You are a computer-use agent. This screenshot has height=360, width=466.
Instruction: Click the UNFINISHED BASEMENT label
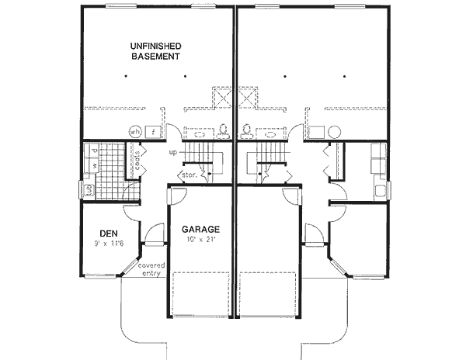tap(155, 51)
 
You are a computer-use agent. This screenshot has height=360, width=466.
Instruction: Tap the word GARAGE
tap(200, 230)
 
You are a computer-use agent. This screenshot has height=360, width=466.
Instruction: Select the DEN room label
tap(108, 232)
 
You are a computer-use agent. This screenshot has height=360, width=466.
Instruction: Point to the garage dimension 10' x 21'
tap(200, 241)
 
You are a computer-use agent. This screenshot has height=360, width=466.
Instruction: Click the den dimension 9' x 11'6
tap(108, 243)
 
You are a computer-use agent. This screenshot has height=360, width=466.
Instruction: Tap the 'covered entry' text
tap(151, 270)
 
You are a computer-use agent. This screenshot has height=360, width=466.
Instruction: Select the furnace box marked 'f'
tap(153, 132)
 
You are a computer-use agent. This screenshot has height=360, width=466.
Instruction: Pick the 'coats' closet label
tap(137, 161)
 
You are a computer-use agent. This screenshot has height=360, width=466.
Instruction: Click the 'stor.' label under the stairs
tap(189, 175)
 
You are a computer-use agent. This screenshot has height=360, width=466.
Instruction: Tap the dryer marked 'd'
tap(93, 150)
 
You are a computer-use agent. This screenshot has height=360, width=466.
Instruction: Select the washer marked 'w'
tap(93, 164)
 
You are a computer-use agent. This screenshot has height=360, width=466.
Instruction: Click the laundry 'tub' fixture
tap(88, 189)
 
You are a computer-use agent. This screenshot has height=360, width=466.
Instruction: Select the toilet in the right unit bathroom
tap(247, 130)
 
